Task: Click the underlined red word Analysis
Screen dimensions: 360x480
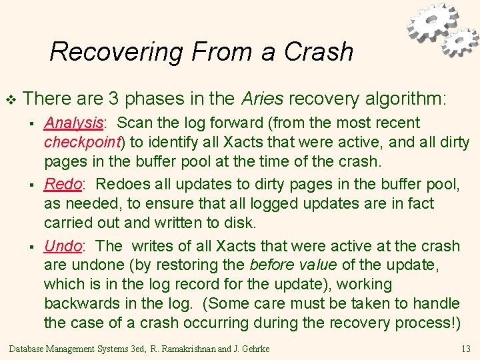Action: pos(73,123)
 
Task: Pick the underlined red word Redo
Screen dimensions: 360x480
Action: pos(62,185)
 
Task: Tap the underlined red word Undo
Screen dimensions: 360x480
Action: pos(63,246)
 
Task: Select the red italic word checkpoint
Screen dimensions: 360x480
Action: pos(80,142)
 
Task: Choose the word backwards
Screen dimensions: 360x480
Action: pos(83,304)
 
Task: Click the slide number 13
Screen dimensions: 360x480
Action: pos(465,349)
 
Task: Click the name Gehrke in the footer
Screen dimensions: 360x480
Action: pos(256,349)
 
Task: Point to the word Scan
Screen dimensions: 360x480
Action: pos(132,123)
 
